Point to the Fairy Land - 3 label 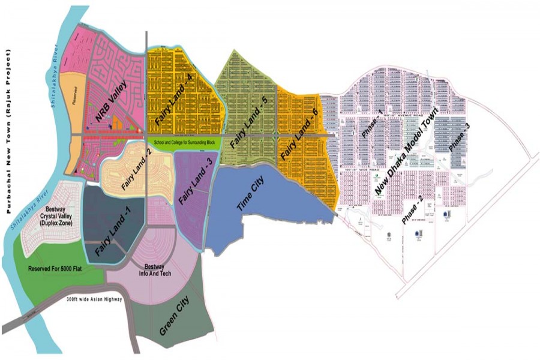pyautogui.click(x=193, y=182)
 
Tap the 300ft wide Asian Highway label pyautogui.click(x=94, y=299)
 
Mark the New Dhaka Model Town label pyautogui.click(x=410, y=154)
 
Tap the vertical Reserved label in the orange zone pyautogui.click(x=74, y=96)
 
